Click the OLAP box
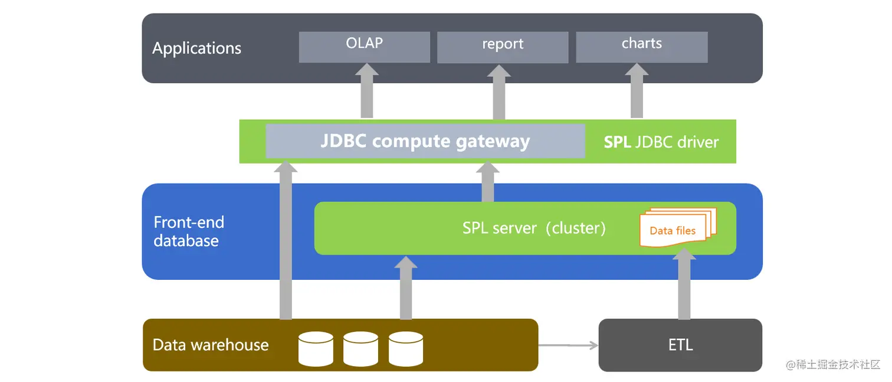tap(364, 47)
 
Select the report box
tap(502, 47)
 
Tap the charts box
tap(641, 47)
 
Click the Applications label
tap(196, 48)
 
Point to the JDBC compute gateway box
tap(425, 142)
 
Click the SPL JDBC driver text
tap(661, 142)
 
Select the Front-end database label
tap(189, 231)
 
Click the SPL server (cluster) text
tap(534, 228)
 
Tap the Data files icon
tap(675, 228)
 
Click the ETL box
tap(680, 345)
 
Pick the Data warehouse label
tap(211, 345)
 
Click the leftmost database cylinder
tap(316, 348)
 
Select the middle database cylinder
tap(360, 348)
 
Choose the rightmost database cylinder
tap(406, 348)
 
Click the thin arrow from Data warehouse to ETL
tap(568, 345)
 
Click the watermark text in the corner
tap(833, 364)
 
